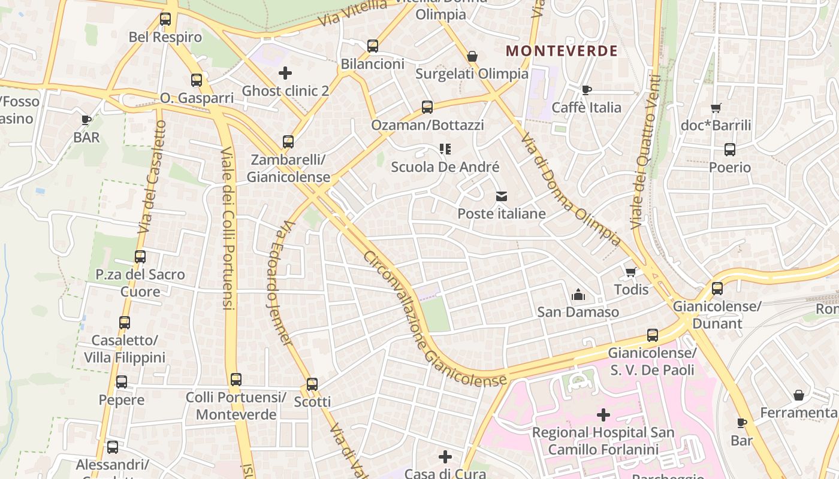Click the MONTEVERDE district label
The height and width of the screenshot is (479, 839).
pyautogui.click(x=562, y=51)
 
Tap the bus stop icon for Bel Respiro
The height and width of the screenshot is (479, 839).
pyautogui.click(x=165, y=19)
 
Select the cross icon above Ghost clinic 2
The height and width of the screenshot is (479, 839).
pyautogui.click(x=285, y=73)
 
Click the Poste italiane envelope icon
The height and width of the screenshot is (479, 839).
pyautogui.click(x=501, y=196)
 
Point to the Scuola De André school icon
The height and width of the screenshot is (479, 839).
pyautogui.click(x=445, y=148)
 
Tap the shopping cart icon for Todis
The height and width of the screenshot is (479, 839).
pyautogui.click(x=631, y=272)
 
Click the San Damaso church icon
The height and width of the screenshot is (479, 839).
pyautogui.click(x=578, y=294)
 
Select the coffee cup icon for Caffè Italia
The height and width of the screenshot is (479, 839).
pyautogui.click(x=586, y=90)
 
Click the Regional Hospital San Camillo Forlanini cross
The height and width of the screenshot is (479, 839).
pyautogui.click(x=603, y=414)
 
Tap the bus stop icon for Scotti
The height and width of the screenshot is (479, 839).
pyautogui.click(x=312, y=384)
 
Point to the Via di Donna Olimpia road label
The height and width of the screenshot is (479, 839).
pyautogui.click(x=570, y=189)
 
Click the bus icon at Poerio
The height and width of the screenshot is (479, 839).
pyautogui.click(x=729, y=150)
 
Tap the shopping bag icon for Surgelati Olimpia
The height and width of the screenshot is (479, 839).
pyautogui.click(x=472, y=56)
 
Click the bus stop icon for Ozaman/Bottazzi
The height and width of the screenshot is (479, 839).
pyautogui.click(x=427, y=107)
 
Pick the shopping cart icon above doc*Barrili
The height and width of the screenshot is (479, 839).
pyautogui.click(x=716, y=108)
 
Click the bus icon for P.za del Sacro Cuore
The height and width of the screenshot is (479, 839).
pyautogui.click(x=140, y=257)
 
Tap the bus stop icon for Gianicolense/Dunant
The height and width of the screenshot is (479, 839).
pyautogui.click(x=717, y=289)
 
